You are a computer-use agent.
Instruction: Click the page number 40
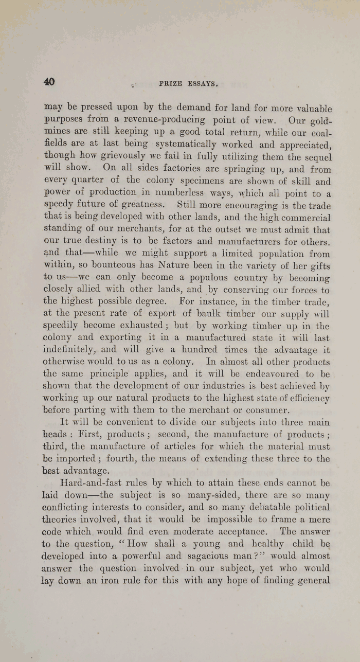49,82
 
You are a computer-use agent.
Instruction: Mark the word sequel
316,157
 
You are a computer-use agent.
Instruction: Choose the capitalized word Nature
160,266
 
